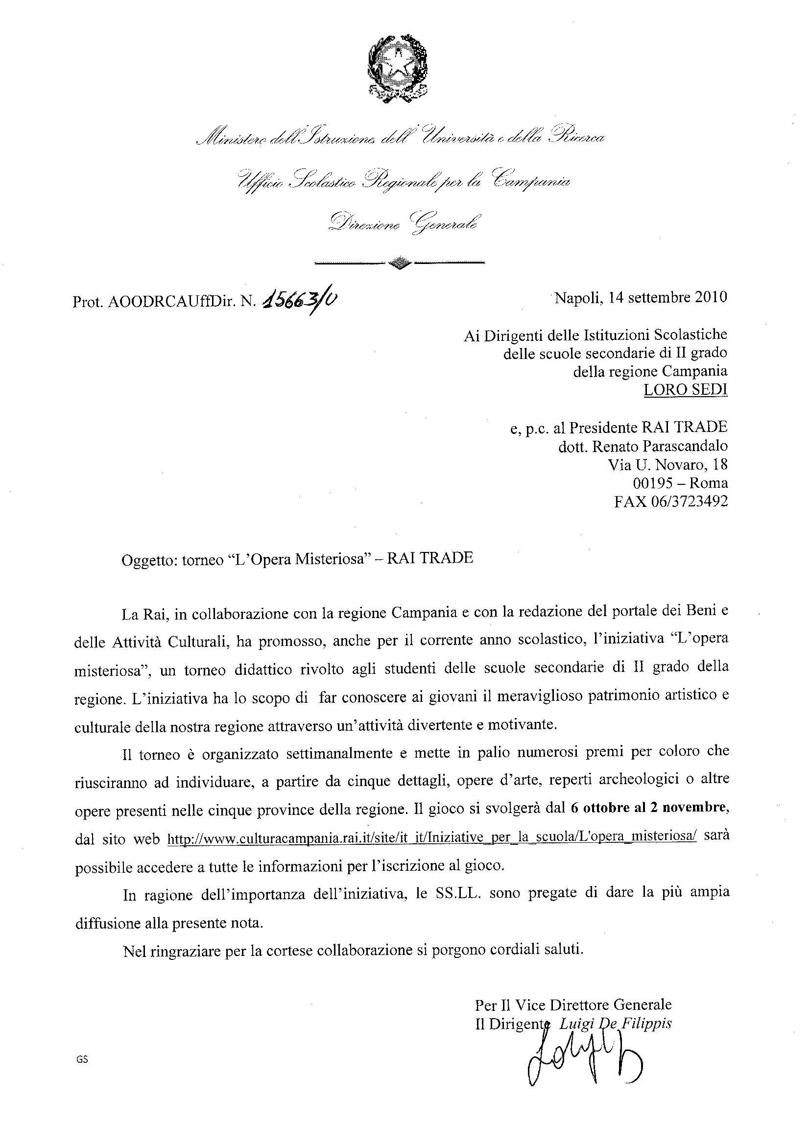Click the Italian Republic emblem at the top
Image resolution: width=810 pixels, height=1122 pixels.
click(x=398, y=66)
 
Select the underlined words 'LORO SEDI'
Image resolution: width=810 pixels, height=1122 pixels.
click(x=685, y=390)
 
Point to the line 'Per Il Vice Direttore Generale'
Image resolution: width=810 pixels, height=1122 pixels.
click(x=573, y=1005)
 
